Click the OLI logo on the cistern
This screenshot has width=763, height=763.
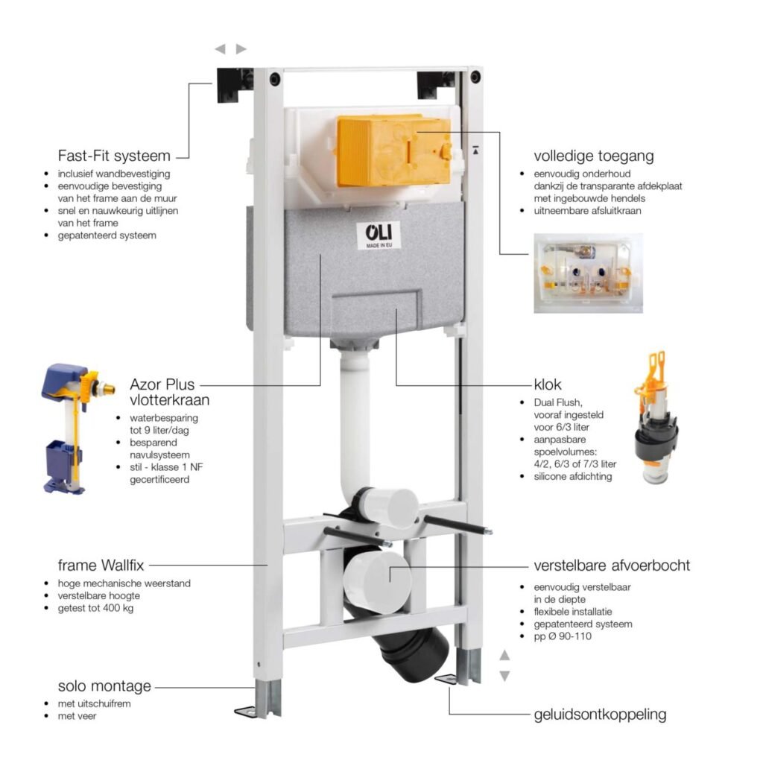379,235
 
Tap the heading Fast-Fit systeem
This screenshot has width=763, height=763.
114,156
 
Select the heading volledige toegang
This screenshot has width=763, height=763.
594,156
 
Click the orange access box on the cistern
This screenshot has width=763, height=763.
393,151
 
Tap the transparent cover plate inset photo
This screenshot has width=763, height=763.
588,273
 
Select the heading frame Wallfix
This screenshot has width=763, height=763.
101,566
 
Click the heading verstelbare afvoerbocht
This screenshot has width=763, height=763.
612,566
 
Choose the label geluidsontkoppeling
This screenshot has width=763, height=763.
600,715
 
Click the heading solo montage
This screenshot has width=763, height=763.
104,686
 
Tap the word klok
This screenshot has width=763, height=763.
548,384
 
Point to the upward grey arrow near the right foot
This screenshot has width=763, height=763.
504,655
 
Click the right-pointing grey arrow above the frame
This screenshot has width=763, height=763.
241,48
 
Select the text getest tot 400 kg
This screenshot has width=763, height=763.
95,608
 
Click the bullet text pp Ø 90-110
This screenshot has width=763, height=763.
563,636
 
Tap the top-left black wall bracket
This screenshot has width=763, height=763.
235,85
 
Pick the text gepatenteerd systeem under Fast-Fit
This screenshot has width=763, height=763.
107,235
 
